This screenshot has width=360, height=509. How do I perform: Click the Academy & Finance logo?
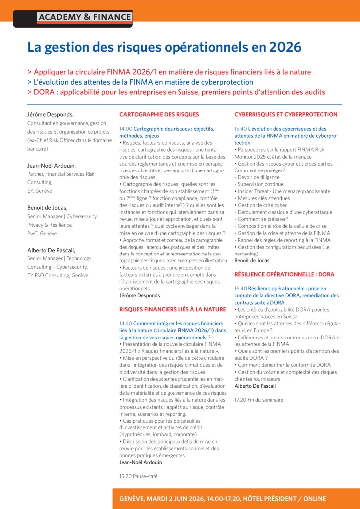pos(85,17)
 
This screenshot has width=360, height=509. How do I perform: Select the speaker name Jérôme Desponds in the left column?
pos(50,114)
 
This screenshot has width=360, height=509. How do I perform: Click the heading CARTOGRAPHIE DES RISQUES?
pos(159,114)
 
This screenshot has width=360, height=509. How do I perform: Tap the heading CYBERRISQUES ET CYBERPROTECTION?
pos(285,114)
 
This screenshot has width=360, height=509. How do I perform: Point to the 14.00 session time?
pos(126,129)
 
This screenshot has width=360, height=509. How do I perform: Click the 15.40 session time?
pos(241,129)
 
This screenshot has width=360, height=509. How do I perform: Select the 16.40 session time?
pos(241,288)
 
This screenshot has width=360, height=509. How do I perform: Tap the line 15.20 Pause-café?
pos(138,476)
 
